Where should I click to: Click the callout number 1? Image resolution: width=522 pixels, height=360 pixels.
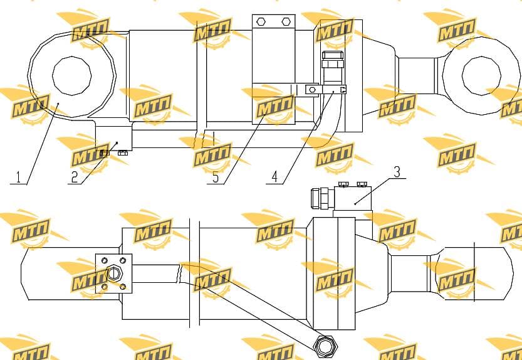pos(19,177)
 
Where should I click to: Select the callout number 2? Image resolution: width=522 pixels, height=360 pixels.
pos(75,177)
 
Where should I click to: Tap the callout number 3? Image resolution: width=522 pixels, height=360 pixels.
pos(397,172)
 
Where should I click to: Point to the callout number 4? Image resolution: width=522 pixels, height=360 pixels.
pos(274,177)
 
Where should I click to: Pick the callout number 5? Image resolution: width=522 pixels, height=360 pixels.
pos(216,177)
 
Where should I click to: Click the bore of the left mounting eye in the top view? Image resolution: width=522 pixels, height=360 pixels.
pos(72,76)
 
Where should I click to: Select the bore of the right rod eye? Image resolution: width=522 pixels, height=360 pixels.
pos(481,76)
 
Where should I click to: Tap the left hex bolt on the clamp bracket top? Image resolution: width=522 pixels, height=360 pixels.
pos(261,22)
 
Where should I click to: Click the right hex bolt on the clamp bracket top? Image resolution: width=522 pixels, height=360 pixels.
pos(286,22)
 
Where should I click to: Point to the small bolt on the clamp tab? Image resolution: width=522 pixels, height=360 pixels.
pos(312,90)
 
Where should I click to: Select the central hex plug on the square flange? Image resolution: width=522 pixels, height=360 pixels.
pos(113,273)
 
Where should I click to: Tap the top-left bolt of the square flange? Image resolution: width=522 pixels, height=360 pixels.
pos(105,260)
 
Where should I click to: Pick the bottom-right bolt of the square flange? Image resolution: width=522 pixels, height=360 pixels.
pos(123,287)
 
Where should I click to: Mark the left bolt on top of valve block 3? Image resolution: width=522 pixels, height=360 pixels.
pos(343,184)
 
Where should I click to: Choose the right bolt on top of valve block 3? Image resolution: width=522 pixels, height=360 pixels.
pos(362,184)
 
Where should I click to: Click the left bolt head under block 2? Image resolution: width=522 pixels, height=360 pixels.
pos(105,153)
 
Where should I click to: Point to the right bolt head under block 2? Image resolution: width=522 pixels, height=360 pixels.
pos(123,153)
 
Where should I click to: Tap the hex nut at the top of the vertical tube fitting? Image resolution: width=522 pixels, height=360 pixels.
pos(332,56)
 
